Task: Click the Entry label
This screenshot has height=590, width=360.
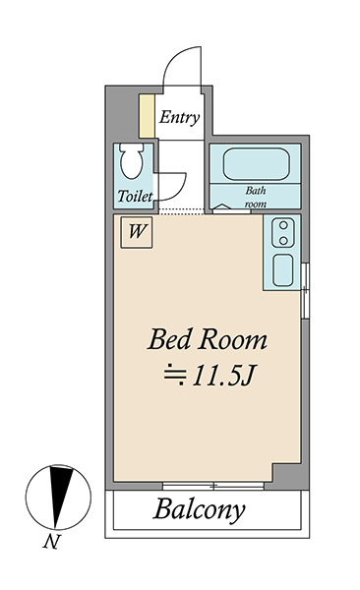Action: point(179,117)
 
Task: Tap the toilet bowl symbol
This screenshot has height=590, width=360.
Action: point(132,160)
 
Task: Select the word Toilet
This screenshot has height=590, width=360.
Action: point(135,196)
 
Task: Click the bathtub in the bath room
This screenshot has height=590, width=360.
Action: point(256,164)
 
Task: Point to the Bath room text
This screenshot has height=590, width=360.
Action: point(256,197)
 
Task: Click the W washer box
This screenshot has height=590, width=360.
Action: point(137,232)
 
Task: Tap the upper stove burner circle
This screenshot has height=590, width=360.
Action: point(283,225)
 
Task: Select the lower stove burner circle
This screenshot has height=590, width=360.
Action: point(283,240)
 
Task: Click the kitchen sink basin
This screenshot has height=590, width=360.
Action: point(283,269)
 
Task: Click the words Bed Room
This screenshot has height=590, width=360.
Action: point(208,339)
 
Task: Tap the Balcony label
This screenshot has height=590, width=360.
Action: point(199,509)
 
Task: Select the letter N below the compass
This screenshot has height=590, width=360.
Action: point(51,542)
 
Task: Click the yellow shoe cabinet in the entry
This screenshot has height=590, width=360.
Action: point(147,116)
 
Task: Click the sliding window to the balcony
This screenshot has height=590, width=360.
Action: point(213,486)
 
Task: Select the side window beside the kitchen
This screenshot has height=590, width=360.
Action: point(305,291)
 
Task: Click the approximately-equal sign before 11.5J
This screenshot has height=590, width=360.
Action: point(175,375)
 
